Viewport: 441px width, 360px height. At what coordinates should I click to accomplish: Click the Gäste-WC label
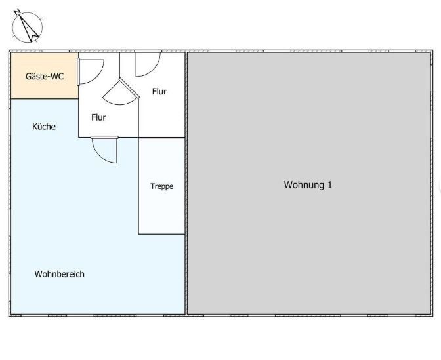point(45,77)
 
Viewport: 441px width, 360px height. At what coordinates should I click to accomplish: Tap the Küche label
point(44,127)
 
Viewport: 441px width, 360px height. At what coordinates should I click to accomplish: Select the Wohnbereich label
point(59,274)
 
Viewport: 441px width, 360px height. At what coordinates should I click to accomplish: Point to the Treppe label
point(161,186)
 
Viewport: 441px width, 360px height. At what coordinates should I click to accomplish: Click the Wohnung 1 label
point(308,185)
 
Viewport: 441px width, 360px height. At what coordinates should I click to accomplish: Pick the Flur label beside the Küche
point(98,117)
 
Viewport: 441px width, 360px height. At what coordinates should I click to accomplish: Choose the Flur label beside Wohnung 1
point(159,92)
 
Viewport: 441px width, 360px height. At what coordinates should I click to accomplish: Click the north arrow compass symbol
point(27,27)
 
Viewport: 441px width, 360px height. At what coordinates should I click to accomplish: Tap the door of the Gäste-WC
point(91,71)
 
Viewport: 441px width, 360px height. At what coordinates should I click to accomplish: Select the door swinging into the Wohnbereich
point(104,150)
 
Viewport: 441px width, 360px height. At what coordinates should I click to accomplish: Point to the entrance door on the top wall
point(148,64)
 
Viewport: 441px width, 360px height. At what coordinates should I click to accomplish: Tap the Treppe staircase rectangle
point(161,186)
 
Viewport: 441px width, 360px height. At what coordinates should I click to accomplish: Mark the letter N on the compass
point(17,12)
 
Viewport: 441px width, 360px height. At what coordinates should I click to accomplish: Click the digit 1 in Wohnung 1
point(329,185)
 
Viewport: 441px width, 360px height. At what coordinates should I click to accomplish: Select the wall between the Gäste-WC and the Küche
point(45,99)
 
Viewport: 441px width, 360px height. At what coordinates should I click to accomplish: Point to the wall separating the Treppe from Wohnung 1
point(186,186)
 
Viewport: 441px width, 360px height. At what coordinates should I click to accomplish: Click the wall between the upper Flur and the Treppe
point(161,138)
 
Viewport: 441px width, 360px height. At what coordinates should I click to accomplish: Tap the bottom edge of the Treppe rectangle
point(161,234)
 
